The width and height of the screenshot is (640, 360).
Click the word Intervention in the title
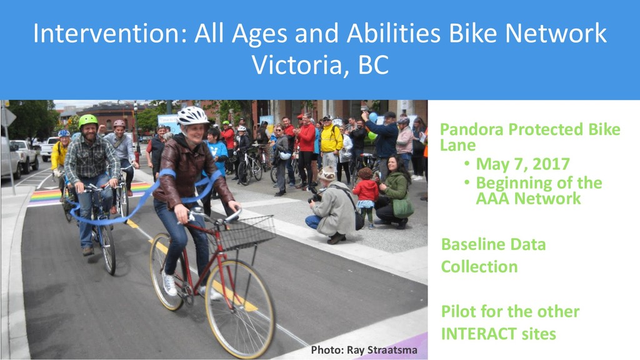[109, 34]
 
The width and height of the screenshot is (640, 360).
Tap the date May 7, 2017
[522, 164]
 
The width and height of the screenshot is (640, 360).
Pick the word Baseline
[469, 244]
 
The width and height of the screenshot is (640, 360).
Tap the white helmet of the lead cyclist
[192, 116]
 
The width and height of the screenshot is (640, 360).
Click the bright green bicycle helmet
[87, 120]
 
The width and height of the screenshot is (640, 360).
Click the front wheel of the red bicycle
[240, 309]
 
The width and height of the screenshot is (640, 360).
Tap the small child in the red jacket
[366, 197]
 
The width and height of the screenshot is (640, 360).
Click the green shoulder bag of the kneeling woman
[403, 207]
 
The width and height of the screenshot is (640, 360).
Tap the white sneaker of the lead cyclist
[170, 284]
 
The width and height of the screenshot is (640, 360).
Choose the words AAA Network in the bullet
[528, 199]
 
